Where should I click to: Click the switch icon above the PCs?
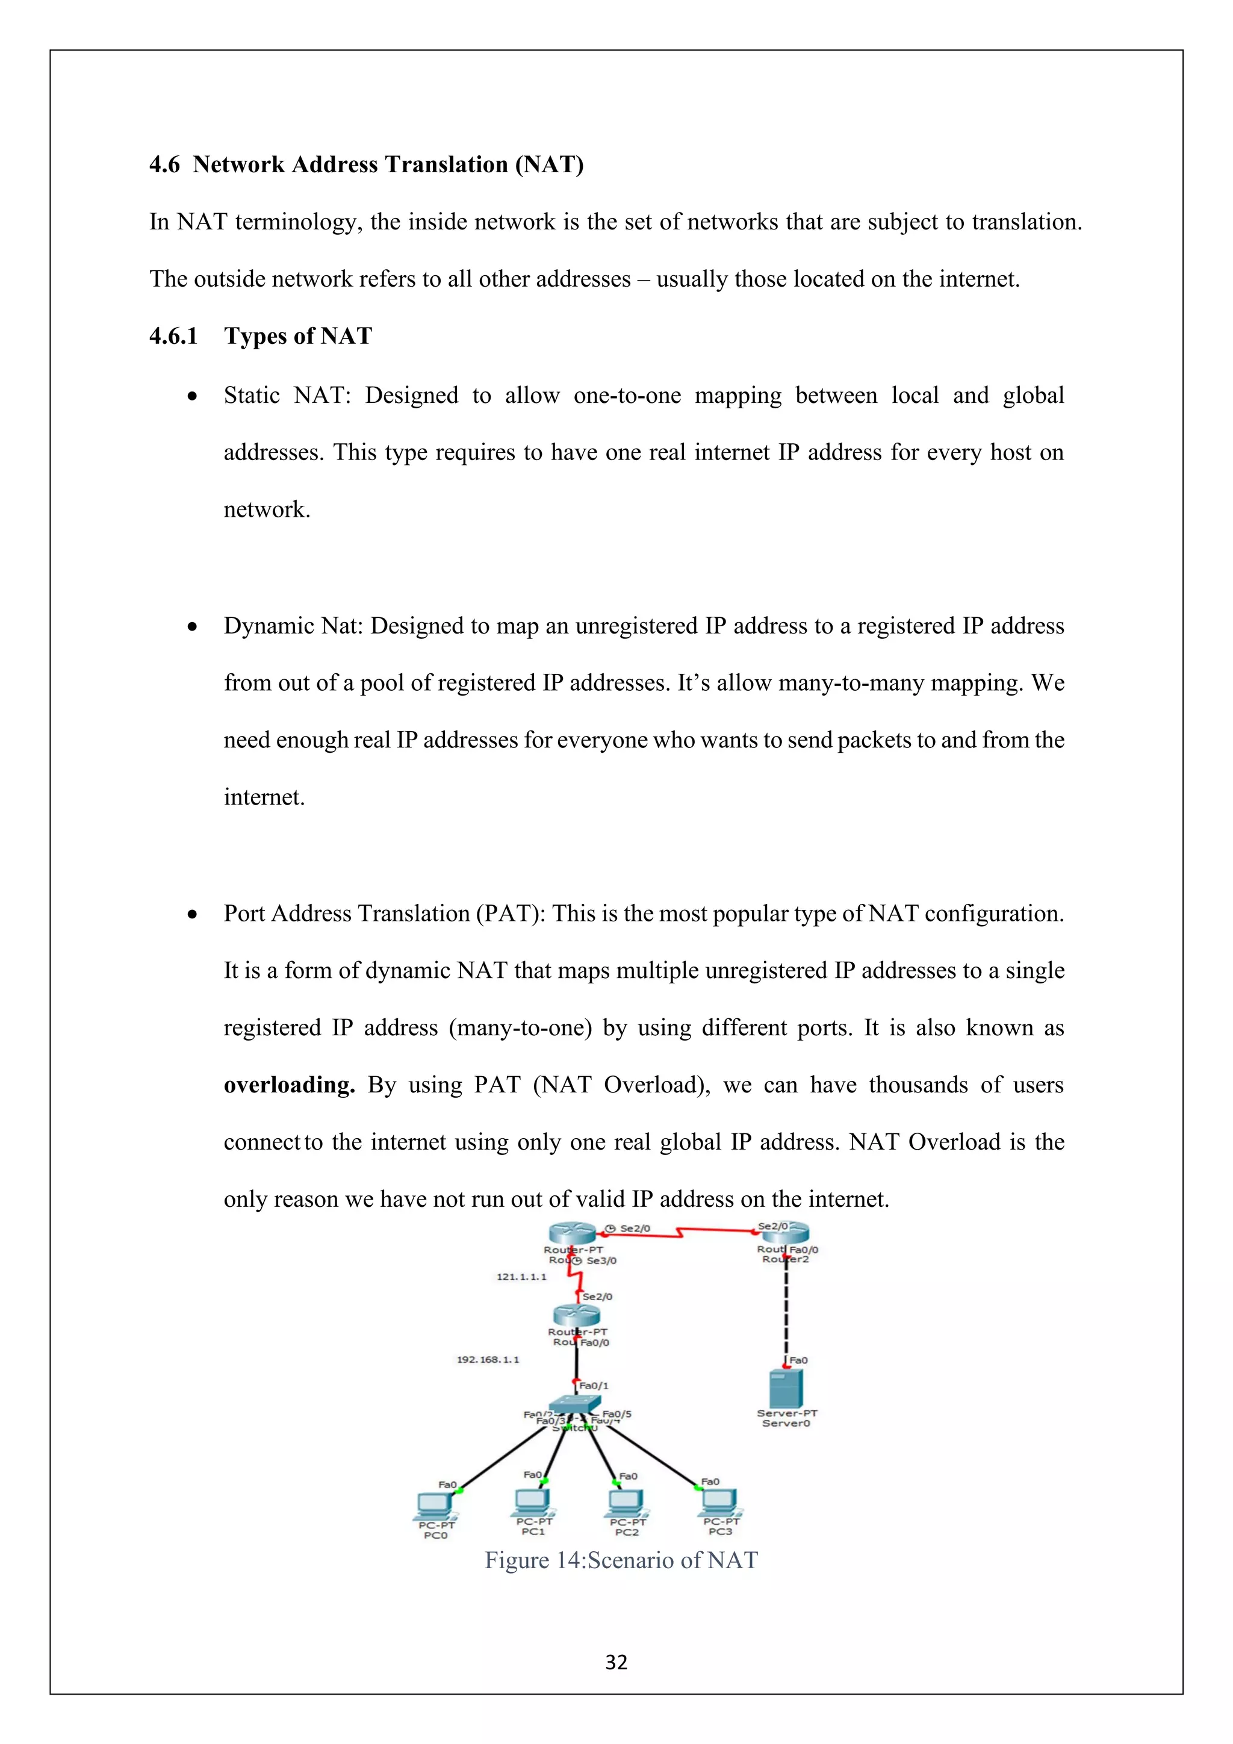click(x=575, y=1404)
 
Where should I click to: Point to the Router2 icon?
click(x=786, y=1232)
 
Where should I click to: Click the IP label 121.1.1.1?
click(x=521, y=1277)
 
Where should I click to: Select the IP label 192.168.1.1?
click(x=488, y=1360)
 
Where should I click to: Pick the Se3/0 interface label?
click(x=601, y=1261)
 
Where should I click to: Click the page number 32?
click(x=616, y=1663)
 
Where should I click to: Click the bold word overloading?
click(x=288, y=1085)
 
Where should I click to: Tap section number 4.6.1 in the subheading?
click(x=173, y=336)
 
